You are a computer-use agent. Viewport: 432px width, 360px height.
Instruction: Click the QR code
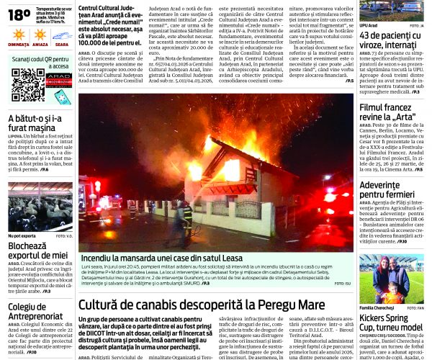point(27,84)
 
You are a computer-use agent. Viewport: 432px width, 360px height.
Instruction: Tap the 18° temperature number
point(19,14)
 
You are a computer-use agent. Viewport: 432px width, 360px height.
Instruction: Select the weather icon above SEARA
point(61,34)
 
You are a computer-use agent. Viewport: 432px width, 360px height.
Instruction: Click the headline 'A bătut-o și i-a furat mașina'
point(40,125)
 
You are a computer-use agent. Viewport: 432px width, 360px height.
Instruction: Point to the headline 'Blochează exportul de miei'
point(37,251)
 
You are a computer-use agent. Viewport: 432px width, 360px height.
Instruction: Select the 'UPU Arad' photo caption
point(368,25)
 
